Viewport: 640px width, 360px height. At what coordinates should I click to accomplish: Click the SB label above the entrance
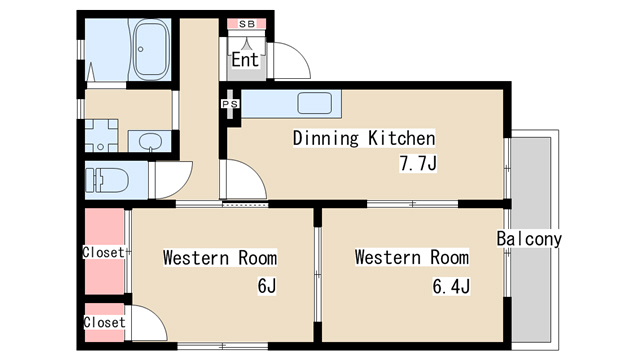pyautogui.click(x=247, y=24)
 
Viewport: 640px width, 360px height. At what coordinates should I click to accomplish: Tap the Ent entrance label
pyautogui.click(x=245, y=60)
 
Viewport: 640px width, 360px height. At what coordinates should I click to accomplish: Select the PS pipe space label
pyautogui.click(x=230, y=104)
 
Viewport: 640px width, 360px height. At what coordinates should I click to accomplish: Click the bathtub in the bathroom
pyautogui.click(x=151, y=50)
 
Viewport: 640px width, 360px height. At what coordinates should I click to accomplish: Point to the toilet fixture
pyautogui.click(x=107, y=180)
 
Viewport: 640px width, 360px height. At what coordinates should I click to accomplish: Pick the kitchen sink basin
pyautogui.click(x=314, y=103)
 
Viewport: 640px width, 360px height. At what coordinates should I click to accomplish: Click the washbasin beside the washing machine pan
pyautogui.click(x=150, y=142)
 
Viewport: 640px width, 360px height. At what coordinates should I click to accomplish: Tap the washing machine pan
pyautogui.click(x=101, y=136)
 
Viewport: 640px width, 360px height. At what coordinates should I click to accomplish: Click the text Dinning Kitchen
pyautogui.click(x=364, y=138)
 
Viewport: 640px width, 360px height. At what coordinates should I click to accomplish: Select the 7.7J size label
pyautogui.click(x=418, y=163)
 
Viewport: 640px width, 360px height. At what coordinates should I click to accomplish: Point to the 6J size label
pyautogui.click(x=267, y=286)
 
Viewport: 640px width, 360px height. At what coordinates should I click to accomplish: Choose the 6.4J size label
pyautogui.click(x=451, y=286)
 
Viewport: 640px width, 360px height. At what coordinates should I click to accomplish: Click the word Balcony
pyautogui.click(x=529, y=239)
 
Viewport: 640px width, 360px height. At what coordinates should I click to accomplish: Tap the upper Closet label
pyautogui.click(x=103, y=252)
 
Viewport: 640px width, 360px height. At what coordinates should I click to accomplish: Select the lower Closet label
pyautogui.click(x=104, y=322)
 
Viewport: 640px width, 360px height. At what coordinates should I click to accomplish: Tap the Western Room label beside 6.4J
pyautogui.click(x=412, y=257)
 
